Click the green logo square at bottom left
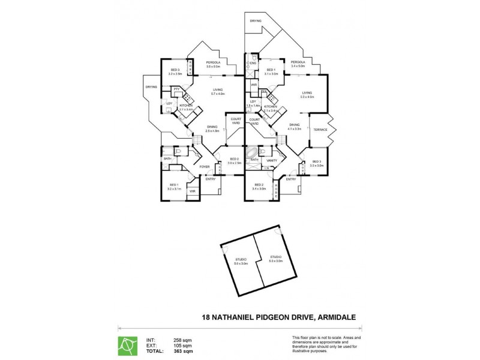tap(127, 345)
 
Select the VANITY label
tap(271, 160)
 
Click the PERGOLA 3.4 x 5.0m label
tap(298, 64)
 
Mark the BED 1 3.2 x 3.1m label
tap(173, 187)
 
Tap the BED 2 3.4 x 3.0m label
tap(259, 187)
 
